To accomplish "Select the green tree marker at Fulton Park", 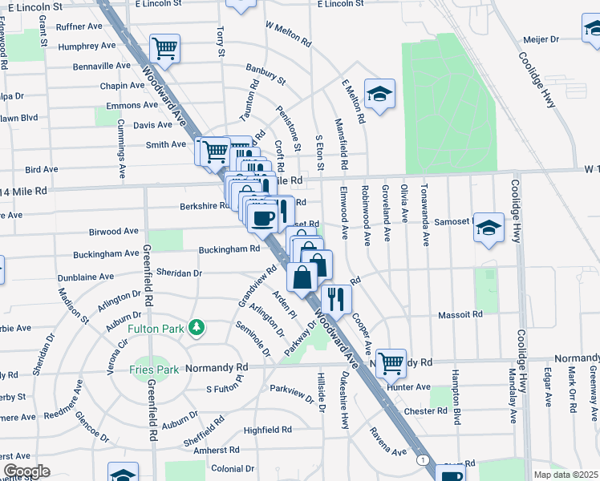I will click(195, 327).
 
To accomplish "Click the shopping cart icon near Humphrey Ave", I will click(165, 48).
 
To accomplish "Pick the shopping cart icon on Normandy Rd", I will click(391, 362).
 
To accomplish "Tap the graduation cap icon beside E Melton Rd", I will click(379, 94).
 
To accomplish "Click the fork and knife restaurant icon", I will click(336, 299).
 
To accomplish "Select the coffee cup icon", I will click(262, 216).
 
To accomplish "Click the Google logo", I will click(26, 471).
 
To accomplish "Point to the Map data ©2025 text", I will click(566, 475).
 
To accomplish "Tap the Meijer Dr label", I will click(542, 38).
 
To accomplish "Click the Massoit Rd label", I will click(459, 315).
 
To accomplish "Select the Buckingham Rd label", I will click(230, 249).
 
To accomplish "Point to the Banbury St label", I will click(266, 78).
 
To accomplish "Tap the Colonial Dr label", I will click(233, 468).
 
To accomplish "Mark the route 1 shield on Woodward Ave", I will click(422, 459).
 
